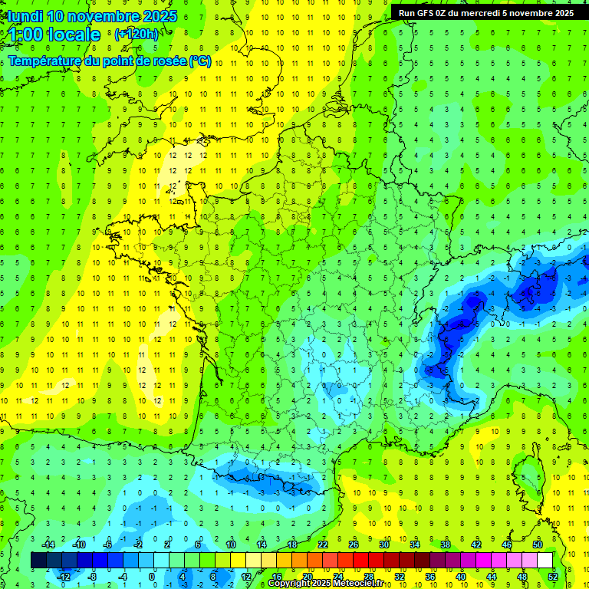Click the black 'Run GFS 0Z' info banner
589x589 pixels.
(486, 12)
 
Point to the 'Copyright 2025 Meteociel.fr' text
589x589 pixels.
(324, 584)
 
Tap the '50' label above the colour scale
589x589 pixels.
(538, 545)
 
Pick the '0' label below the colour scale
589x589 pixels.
(152, 577)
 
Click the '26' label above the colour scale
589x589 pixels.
(354, 545)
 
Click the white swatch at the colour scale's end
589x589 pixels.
(545, 561)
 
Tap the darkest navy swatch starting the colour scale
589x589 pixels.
(38, 561)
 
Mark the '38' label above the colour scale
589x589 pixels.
(446, 545)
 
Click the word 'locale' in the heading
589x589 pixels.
(74, 35)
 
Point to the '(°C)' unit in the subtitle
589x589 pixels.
(200, 61)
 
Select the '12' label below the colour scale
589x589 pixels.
(245, 577)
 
